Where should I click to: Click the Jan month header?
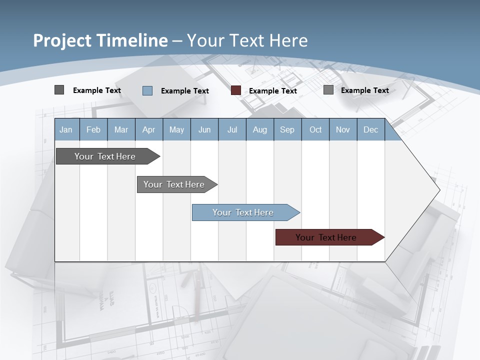point(66,130)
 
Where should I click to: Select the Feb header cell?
point(93,130)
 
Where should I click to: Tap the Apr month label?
point(148,130)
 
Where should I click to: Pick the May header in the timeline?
point(176,130)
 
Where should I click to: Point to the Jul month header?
point(232,130)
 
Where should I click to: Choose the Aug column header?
point(259,130)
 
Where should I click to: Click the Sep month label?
point(287,130)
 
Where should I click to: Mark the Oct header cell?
point(315,130)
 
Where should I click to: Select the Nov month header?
point(343,130)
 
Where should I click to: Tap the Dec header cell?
point(370,130)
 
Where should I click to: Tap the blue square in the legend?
point(147,90)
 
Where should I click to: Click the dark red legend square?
point(236,90)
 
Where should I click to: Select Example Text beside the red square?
point(272,91)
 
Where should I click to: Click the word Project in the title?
point(62,40)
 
